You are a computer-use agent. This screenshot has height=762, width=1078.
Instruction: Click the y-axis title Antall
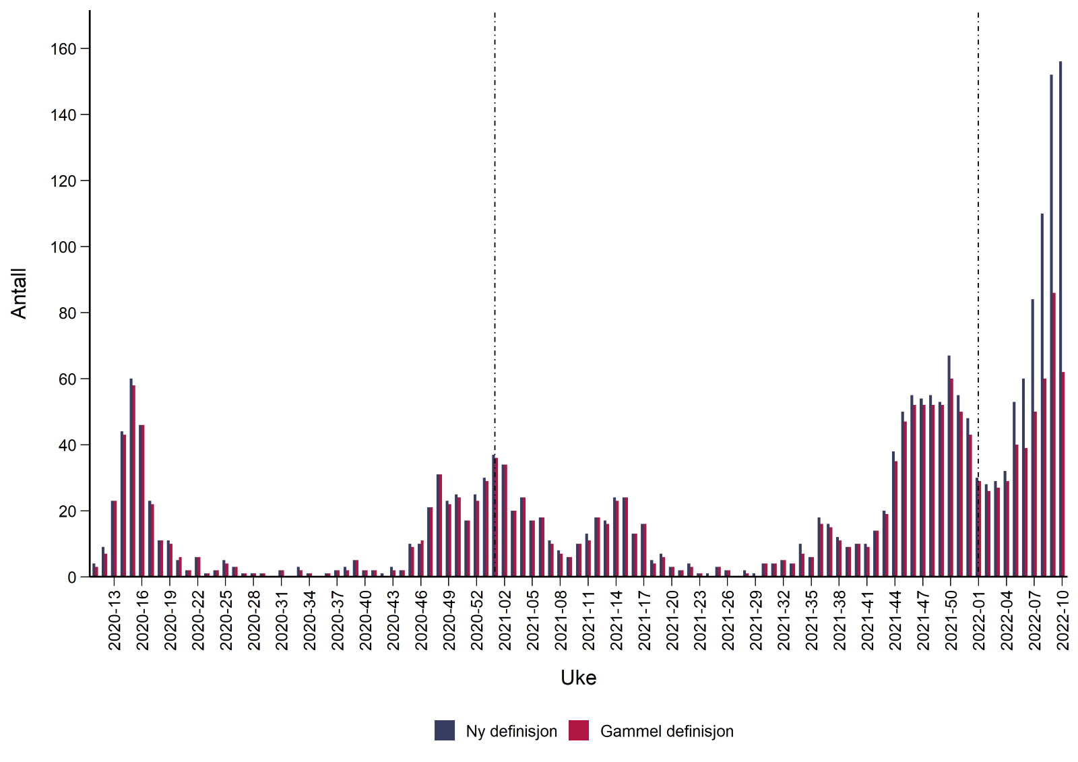(x=19, y=293)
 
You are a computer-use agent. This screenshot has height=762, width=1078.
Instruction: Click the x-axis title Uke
(x=578, y=678)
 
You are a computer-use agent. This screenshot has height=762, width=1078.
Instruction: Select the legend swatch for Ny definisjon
(x=445, y=731)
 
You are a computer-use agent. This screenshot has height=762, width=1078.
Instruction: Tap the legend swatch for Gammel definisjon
(x=579, y=731)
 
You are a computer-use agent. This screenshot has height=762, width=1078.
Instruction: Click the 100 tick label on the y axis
(x=64, y=247)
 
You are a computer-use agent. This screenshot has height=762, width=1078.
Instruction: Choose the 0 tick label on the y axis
(x=71, y=577)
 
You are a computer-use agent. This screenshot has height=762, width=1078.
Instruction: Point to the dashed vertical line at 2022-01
(x=978, y=202)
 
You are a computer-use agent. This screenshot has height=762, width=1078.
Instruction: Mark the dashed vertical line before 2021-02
(x=495, y=202)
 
